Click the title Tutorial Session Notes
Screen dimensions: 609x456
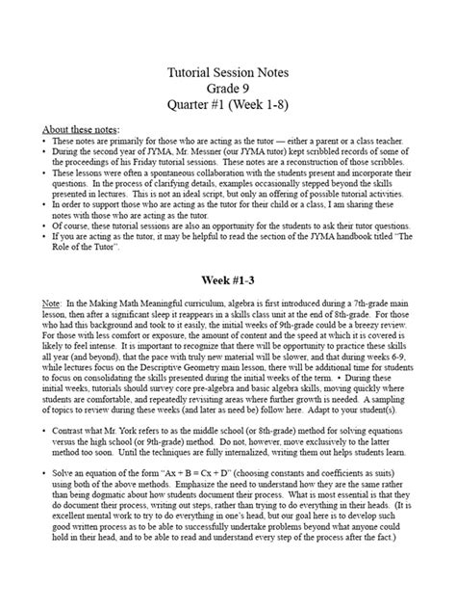(x=228, y=72)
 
